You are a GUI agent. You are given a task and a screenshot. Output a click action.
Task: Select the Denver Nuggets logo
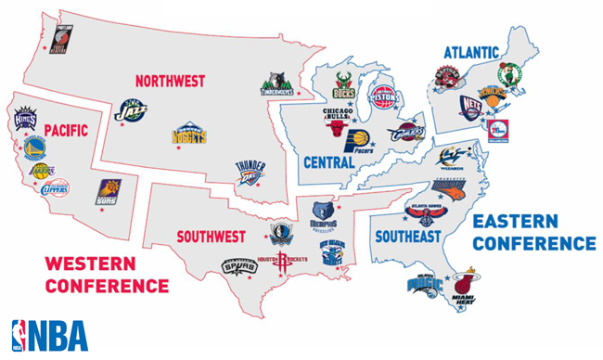point(188,135)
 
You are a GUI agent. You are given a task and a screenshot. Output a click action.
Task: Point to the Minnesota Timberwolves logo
point(276,84)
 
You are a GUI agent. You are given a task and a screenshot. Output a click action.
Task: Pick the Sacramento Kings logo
point(24,119)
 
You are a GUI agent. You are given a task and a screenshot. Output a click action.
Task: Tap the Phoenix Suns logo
point(109,192)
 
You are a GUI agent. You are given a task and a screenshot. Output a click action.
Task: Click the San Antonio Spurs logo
point(238,264)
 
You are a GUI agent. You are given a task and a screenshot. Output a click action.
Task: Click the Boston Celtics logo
point(509,72)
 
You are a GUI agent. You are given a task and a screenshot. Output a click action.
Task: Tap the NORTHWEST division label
point(170,81)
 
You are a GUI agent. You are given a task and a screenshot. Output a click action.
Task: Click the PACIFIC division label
point(65,131)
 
